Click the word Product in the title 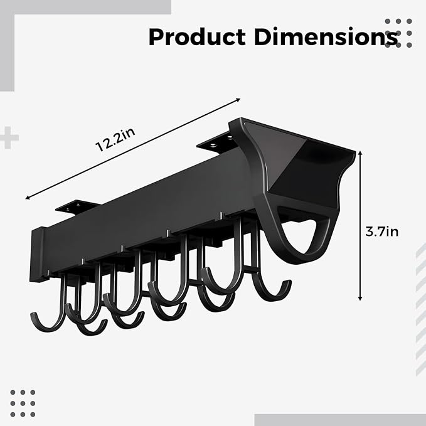click(x=197, y=36)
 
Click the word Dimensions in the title click(x=326, y=36)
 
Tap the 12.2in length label click(x=115, y=140)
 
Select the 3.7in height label click(x=382, y=232)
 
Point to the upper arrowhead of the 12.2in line click(x=238, y=100)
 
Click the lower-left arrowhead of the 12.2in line click(x=28, y=198)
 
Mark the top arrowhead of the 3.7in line click(x=360, y=153)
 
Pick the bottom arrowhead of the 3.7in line click(x=360, y=298)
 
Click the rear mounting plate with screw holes click(x=216, y=143)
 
